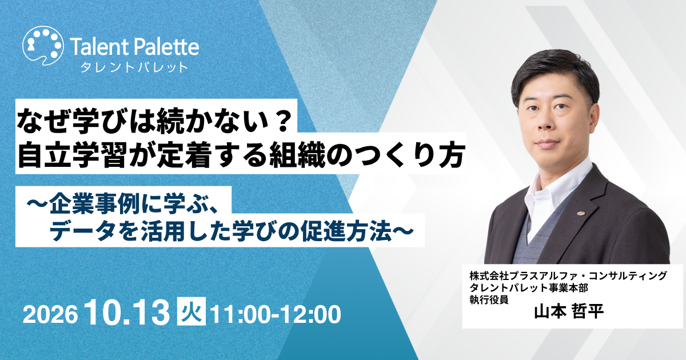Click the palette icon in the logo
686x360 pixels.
(x=43, y=45)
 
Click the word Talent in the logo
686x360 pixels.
(x=98, y=47)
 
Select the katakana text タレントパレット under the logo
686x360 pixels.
(x=134, y=67)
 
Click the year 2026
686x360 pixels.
(x=50, y=314)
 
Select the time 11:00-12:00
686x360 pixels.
(x=276, y=314)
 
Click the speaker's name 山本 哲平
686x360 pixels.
(x=569, y=311)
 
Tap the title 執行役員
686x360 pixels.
(x=489, y=299)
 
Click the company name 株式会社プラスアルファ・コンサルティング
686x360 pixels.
(x=568, y=276)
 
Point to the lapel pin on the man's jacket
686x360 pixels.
(x=580, y=213)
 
